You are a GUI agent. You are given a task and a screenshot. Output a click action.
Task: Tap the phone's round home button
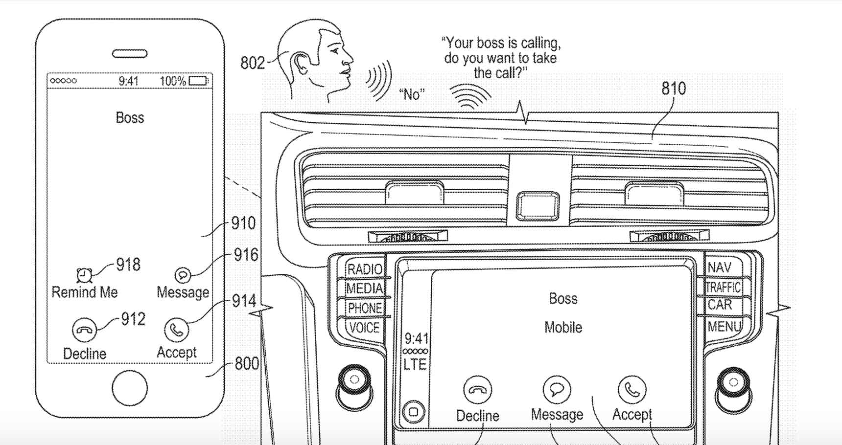point(129,388)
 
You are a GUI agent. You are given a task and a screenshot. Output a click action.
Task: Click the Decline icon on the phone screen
point(84,330)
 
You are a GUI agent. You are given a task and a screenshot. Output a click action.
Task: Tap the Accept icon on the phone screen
point(176,330)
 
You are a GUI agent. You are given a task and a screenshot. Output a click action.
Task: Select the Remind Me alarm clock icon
point(84,275)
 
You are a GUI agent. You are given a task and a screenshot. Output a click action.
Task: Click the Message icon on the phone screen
point(183,275)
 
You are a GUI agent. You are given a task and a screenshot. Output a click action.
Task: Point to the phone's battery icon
point(198,81)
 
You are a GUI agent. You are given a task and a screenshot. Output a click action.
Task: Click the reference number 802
point(252,63)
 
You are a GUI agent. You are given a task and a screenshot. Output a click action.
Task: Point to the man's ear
point(298,64)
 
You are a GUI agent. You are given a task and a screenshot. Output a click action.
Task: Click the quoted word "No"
point(412,94)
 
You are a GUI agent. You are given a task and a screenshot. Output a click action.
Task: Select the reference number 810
point(674,89)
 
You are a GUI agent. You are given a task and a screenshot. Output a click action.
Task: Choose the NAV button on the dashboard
point(720,268)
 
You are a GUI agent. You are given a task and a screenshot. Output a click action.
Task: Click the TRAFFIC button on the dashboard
point(723,287)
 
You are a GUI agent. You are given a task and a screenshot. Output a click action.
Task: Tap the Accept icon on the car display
point(632,389)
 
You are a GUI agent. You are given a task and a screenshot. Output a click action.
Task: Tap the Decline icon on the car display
point(477,390)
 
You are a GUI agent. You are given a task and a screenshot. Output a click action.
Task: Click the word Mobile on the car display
point(563,327)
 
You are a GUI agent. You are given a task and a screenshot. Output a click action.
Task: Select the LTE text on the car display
point(415,364)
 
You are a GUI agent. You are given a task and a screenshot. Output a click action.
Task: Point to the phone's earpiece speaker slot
point(130,54)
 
